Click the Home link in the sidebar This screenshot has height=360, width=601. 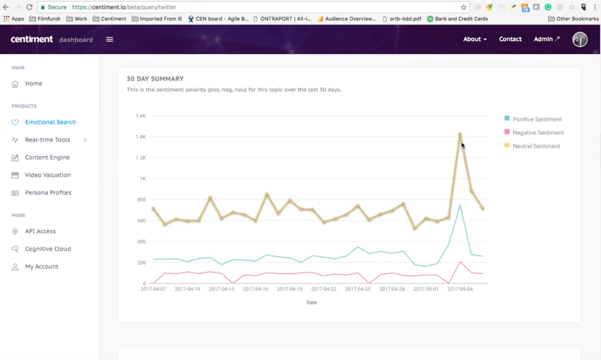click(x=33, y=83)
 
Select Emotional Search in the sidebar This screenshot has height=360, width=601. click(x=50, y=122)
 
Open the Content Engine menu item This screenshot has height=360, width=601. click(x=47, y=157)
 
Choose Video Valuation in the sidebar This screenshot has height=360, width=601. click(x=48, y=175)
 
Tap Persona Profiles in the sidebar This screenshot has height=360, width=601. click(x=48, y=193)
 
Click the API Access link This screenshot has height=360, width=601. click(x=40, y=231)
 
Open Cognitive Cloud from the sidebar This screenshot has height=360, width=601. click(x=48, y=249)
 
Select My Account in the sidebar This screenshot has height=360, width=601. click(x=42, y=266)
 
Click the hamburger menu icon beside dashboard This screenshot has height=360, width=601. click(x=110, y=39)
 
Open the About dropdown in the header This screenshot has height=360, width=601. click(x=475, y=39)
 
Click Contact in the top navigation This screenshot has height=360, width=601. click(x=510, y=39)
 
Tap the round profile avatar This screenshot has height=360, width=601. click(x=580, y=39)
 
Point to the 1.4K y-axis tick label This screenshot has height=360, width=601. click(x=141, y=137)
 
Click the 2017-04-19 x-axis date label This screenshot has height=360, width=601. click(x=289, y=289)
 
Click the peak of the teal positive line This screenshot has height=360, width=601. click(x=460, y=206)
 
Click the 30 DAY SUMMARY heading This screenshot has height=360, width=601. click(x=155, y=78)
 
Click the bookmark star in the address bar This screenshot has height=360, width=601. click(x=463, y=7)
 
